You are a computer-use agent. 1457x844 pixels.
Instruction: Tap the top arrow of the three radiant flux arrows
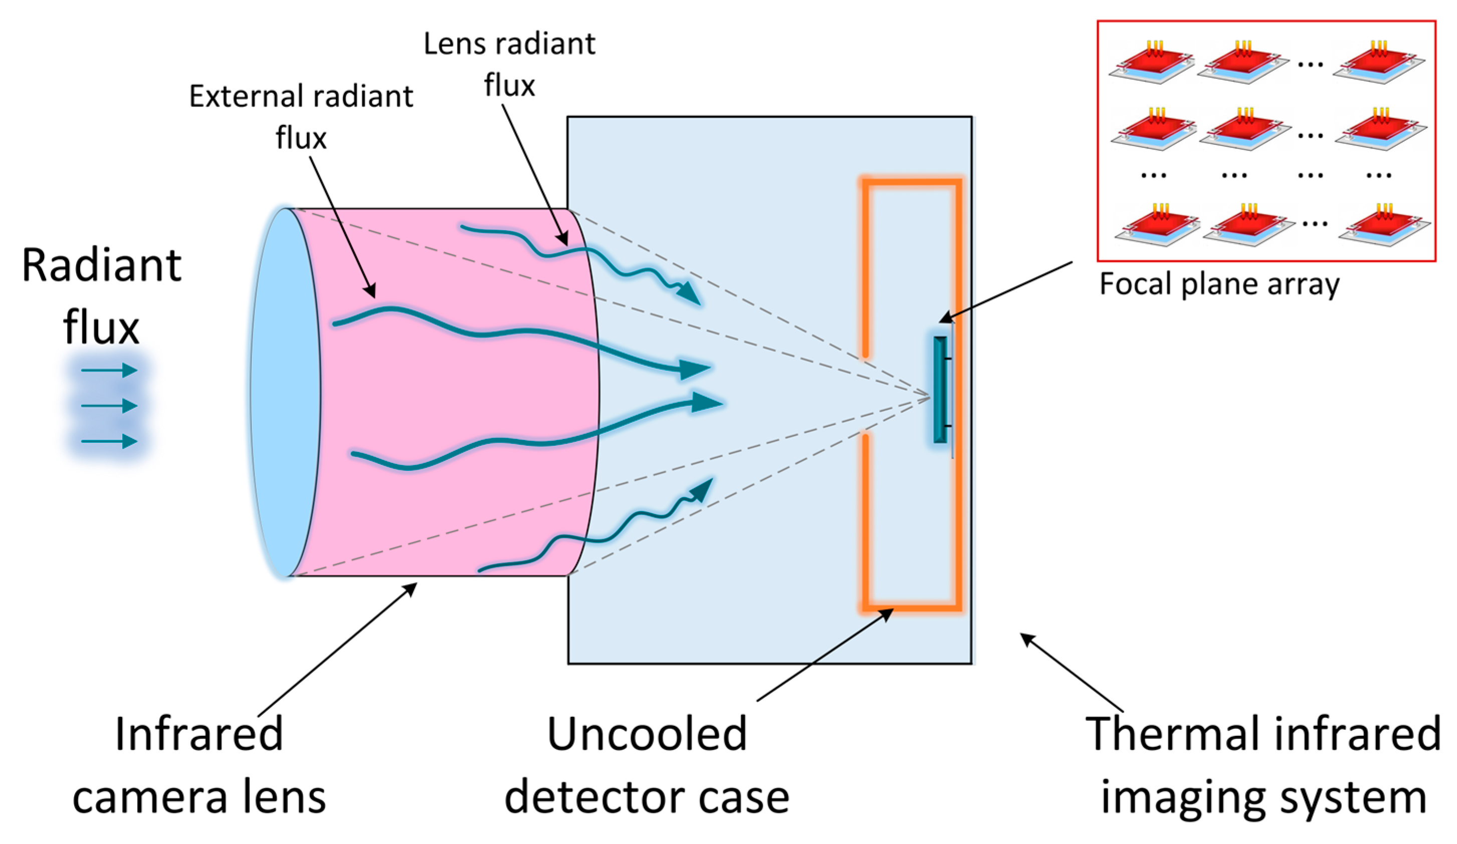(109, 370)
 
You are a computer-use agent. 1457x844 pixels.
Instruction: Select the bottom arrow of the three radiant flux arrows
(109, 442)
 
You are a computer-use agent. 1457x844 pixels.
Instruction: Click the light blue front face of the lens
(285, 393)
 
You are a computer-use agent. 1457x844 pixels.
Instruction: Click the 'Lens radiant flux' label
(509, 64)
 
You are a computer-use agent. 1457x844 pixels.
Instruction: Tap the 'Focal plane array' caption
(1219, 284)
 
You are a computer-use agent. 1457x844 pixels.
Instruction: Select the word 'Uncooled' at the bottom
(647, 734)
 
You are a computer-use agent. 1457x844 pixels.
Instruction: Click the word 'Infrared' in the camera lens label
(199, 734)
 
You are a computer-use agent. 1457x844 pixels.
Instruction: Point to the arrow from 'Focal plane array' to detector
(1006, 292)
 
